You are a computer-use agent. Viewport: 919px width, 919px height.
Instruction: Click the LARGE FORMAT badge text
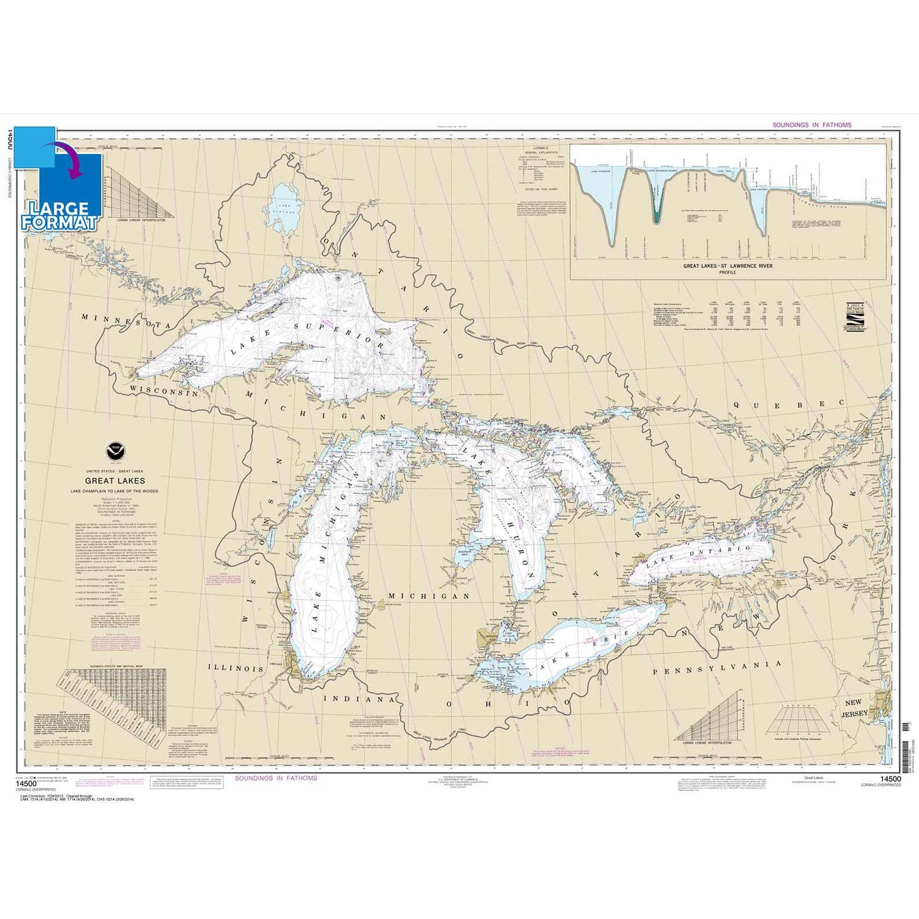point(61,216)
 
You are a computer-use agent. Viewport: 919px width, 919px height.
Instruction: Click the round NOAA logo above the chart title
point(115,450)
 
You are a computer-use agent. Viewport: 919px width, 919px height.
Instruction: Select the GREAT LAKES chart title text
point(115,481)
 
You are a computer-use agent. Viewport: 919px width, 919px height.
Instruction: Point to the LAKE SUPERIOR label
point(308,336)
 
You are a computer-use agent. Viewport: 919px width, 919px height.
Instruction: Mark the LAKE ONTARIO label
point(699,555)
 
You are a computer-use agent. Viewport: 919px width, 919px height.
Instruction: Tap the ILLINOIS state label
point(235,668)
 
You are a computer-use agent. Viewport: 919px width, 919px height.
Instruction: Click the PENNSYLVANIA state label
point(717,667)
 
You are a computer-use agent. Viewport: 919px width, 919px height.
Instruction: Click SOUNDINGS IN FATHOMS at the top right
point(812,125)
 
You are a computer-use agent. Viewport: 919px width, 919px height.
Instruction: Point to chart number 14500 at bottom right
point(890,778)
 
